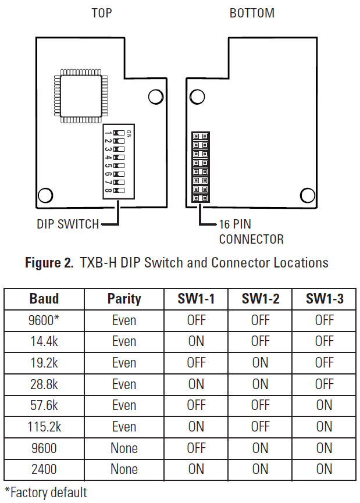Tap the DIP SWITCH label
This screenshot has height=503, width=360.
[67, 224]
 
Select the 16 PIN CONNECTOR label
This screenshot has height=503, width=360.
[251, 231]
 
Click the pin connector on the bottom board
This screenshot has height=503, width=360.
[200, 167]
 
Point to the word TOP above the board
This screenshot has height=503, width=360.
[102, 13]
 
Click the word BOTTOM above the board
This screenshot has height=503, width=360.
[252, 13]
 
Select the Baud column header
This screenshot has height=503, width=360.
[44, 299]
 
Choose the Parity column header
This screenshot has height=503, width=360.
[124, 299]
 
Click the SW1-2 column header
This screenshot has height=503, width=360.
[260, 299]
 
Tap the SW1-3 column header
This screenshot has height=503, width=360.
[324, 299]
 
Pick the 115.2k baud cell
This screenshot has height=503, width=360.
[44, 427]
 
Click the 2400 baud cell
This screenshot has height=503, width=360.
[44, 469]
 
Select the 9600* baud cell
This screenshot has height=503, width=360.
[44, 320]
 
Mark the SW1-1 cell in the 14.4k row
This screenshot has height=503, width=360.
[196, 341]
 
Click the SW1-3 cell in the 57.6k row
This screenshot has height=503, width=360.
[324, 405]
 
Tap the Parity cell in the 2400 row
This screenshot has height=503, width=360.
[124, 469]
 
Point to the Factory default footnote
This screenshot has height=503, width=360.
[46, 493]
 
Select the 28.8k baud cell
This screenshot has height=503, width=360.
[44, 384]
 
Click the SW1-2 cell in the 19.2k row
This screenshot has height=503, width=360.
[260, 363]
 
